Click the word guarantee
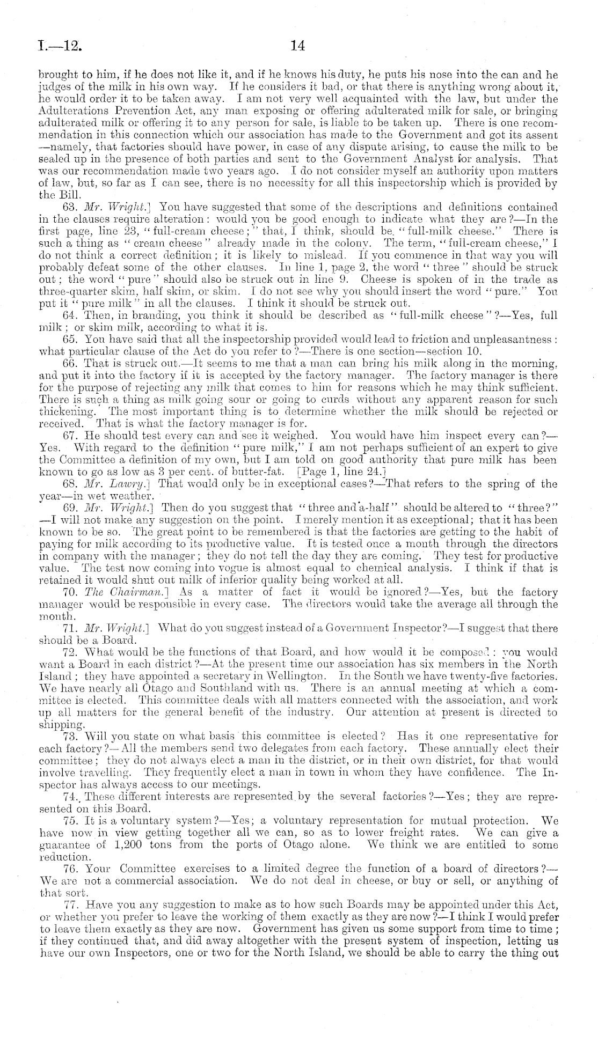click(63, 844)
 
